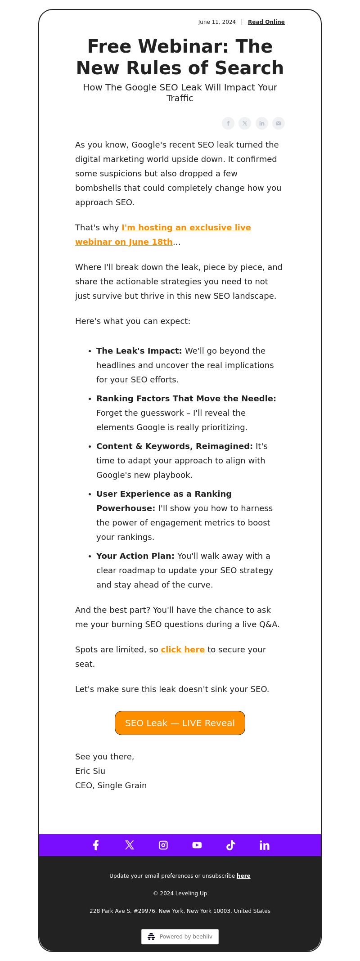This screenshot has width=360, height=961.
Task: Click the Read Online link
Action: [266, 22]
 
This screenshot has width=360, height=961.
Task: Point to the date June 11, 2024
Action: [217, 22]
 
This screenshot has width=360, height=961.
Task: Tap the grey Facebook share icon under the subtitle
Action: [228, 123]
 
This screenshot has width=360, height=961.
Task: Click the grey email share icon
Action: [279, 123]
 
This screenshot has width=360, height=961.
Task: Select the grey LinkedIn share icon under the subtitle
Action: [262, 123]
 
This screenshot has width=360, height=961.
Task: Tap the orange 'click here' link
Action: [183, 650]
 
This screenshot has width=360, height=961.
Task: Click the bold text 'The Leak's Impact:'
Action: [139, 351]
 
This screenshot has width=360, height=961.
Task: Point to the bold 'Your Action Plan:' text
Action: [135, 556]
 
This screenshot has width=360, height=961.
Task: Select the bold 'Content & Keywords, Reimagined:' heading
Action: [175, 446]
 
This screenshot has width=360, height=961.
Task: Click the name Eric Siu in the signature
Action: [90, 771]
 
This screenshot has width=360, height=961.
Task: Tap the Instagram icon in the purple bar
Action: [163, 845]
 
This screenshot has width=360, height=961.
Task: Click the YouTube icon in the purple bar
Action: [197, 845]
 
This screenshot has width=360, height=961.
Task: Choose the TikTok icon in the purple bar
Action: [231, 845]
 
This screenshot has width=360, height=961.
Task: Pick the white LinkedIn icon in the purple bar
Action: [265, 845]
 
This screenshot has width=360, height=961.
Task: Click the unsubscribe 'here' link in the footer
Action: [243, 876]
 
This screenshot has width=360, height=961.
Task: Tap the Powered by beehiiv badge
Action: [180, 936]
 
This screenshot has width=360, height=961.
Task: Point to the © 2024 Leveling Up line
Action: [180, 893]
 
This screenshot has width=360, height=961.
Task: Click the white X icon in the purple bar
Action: [130, 845]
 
